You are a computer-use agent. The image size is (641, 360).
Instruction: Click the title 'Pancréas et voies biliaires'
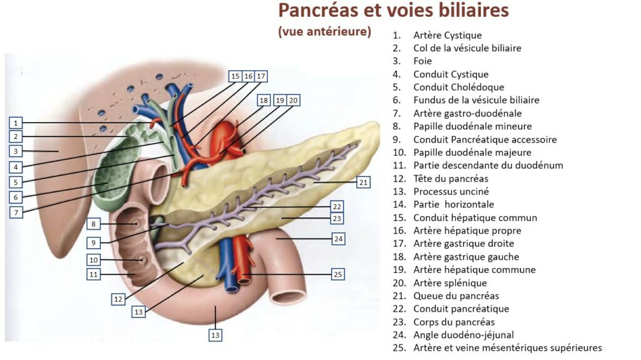393,11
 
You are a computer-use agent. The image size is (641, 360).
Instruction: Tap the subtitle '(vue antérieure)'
324,31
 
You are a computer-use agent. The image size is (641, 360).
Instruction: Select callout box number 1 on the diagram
17,123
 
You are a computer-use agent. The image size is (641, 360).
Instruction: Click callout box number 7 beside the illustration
17,212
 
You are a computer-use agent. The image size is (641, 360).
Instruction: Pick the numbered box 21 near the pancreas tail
364,182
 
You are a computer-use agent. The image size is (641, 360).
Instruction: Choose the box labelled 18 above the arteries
264,100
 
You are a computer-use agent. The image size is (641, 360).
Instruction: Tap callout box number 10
94,260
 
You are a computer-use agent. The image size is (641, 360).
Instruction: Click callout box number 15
235,76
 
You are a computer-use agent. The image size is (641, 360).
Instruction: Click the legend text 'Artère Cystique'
447,35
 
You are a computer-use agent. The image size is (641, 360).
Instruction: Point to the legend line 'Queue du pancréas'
456,296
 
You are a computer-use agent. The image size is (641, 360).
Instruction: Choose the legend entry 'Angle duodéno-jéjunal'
463,335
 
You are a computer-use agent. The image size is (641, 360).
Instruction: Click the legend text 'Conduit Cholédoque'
458,87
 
